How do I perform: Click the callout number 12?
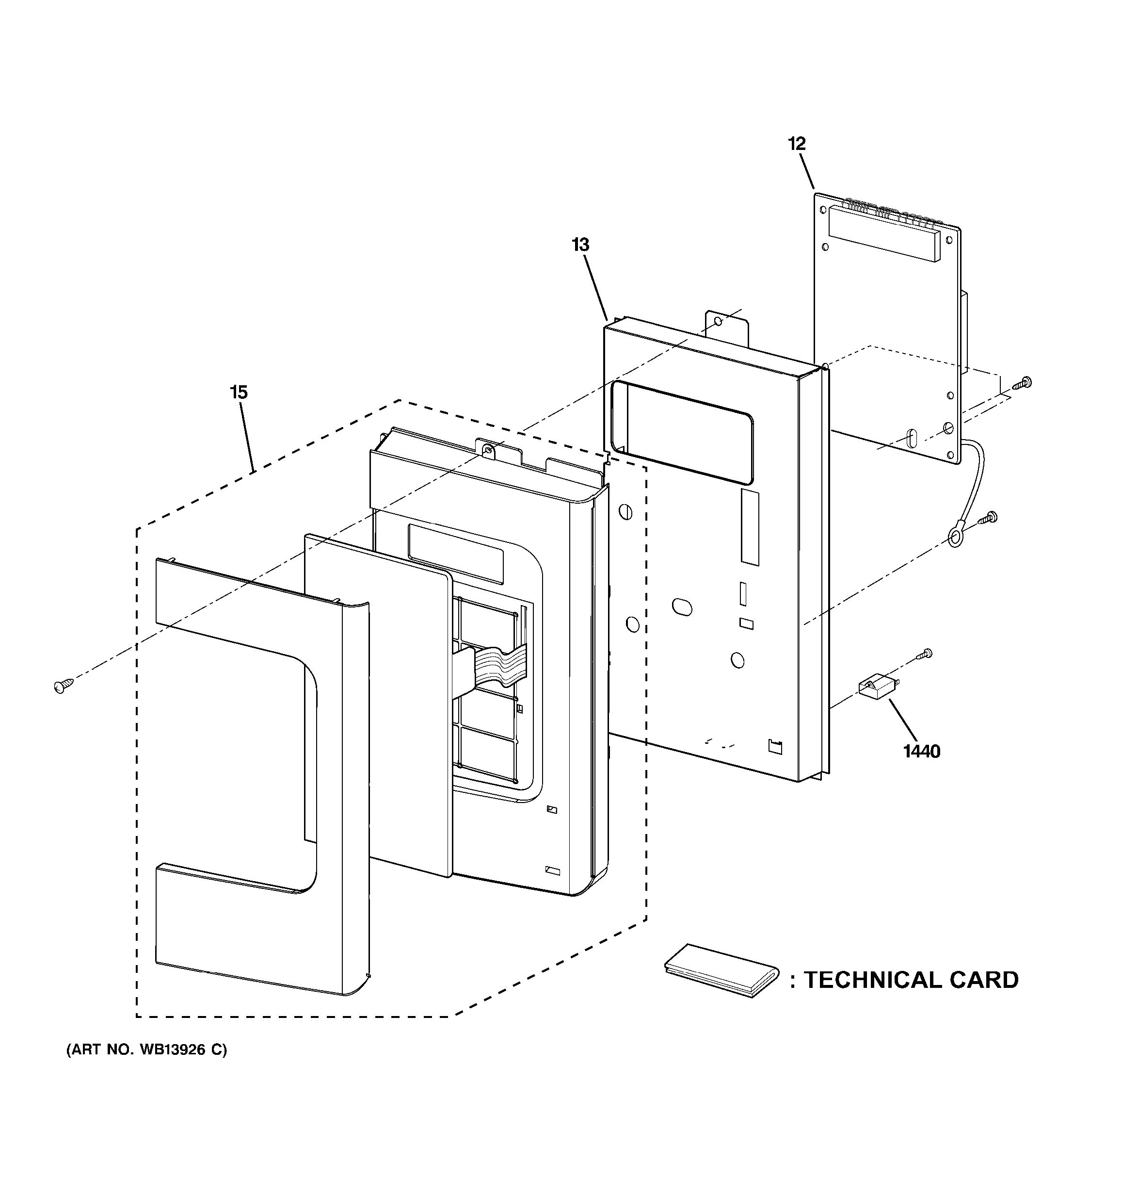[x=797, y=144]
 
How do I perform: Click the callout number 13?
[x=580, y=245]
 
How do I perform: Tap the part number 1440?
[x=921, y=752]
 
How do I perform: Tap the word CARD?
[x=984, y=980]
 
